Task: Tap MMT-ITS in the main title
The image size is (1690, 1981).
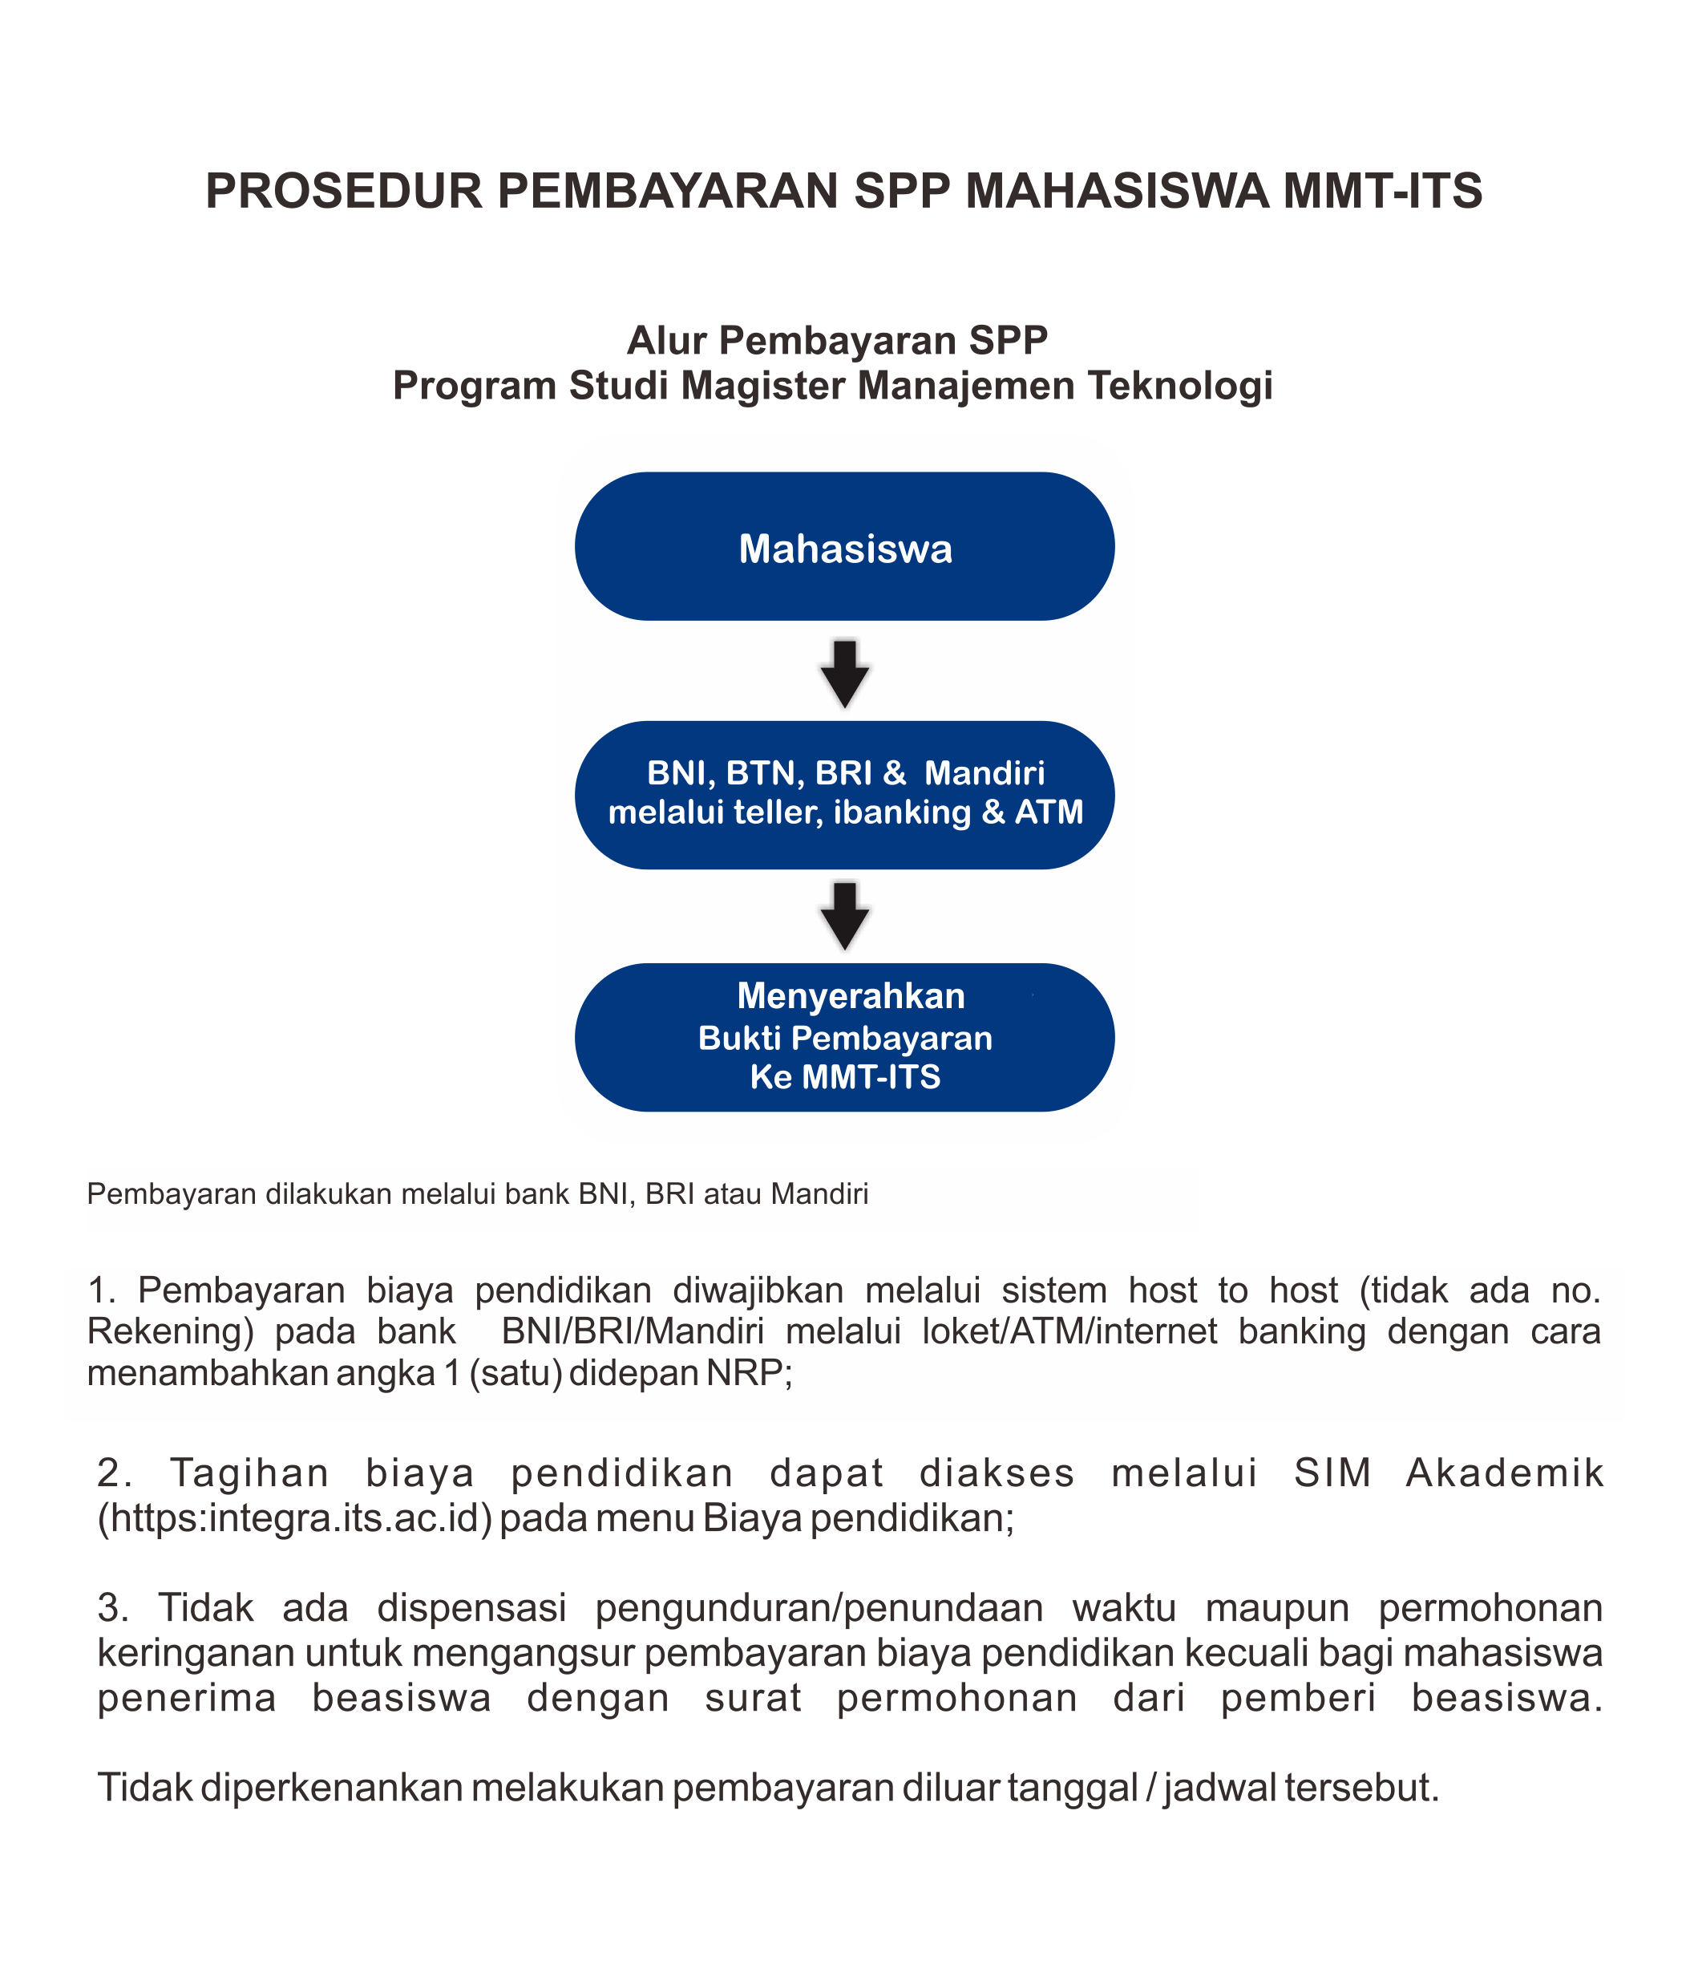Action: click(1382, 190)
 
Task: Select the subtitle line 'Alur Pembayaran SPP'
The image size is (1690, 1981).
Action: click(837, 340)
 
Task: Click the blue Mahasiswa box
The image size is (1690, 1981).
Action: click(845, 547)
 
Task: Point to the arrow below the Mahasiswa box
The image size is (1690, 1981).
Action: click(845, 672)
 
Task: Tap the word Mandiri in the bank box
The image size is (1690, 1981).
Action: click(984, 772)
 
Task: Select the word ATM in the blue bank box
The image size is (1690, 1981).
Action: click(1049, 812)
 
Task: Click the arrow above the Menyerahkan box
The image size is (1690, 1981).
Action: click(845, 915)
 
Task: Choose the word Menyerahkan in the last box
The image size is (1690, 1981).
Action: click(851, 996)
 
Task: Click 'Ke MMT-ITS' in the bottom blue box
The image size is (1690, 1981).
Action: click(845, 1077)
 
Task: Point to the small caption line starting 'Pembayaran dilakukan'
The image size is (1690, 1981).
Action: click(478, 1194)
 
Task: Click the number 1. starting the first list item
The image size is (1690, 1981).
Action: click(100, 1290)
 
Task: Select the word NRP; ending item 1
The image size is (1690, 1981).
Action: click(750, 1373)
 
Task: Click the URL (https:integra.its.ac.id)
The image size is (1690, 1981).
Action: click(294, 1518)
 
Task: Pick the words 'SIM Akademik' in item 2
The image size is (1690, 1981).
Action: click(1447, 1473)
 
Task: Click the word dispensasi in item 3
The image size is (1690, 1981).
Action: click(472, 1608)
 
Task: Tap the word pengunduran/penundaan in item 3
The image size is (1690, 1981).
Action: click(819, 1608)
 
